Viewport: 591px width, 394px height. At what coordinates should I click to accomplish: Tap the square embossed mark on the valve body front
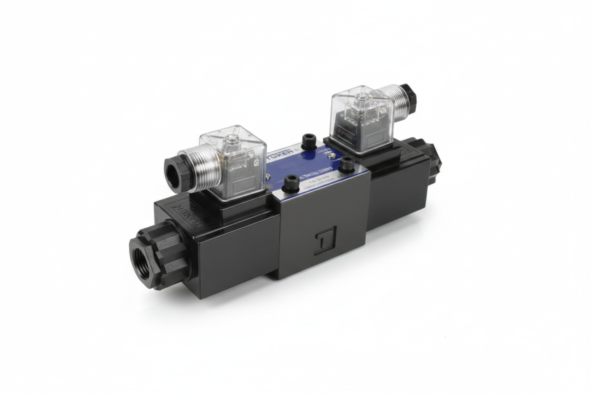[x=326, y=241]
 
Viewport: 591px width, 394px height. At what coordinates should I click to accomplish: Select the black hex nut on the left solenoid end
[x=159, y=254]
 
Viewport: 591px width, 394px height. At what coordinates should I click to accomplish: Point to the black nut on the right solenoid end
[x=432, y=156]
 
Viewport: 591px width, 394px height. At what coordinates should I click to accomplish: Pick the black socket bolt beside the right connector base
[x=347, y=163]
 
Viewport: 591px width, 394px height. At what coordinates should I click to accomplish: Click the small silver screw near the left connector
[x=268, y=176]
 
